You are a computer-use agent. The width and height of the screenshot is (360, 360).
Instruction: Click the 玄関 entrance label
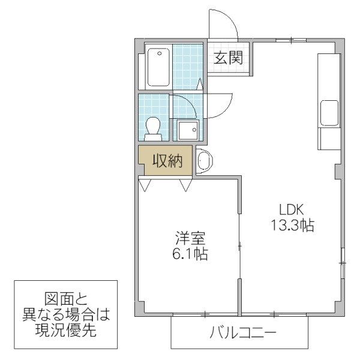228,58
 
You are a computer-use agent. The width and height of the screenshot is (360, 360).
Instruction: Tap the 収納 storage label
166,161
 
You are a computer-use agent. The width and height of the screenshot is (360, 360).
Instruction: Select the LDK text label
292,209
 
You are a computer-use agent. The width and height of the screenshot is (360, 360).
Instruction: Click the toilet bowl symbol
153,128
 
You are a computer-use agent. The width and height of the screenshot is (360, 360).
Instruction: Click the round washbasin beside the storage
204,162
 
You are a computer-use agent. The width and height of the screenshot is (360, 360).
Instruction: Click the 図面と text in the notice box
65,298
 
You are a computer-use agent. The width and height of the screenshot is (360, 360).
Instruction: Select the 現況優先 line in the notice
65,329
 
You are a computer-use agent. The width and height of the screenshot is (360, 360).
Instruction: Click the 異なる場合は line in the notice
65,314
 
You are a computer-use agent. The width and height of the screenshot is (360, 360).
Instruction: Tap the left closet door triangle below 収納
145,184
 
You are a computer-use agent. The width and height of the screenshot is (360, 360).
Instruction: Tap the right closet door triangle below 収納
185,184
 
